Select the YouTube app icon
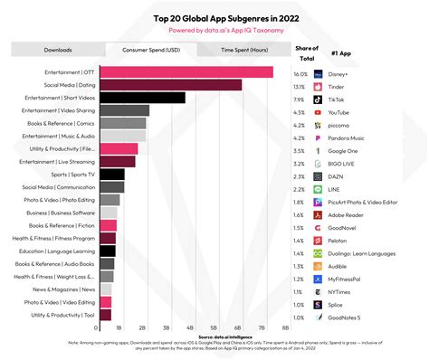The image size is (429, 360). coord(318,111)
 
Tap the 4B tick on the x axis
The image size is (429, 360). coord(189,327)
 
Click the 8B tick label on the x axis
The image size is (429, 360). coord(285,327)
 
